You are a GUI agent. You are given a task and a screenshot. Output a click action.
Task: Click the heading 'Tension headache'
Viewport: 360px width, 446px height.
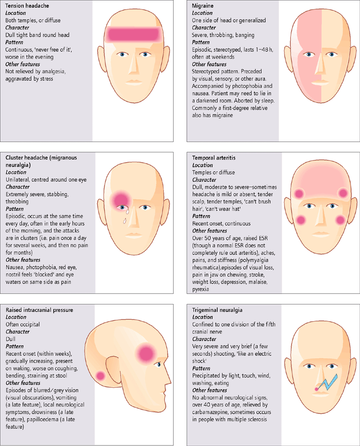(x=27, y=6)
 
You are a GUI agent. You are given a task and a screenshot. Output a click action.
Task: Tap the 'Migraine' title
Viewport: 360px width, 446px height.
(x=202, y=6)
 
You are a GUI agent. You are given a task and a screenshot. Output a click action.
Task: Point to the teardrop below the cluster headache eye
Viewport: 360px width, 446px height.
(x=125, y=220)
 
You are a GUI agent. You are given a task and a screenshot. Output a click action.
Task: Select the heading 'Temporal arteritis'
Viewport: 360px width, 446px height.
(x=214, y=158)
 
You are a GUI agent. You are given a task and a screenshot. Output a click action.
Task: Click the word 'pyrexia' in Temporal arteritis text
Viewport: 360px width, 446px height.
(x=201, y=289)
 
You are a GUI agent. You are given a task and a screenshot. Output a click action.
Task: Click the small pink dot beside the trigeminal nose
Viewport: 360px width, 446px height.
(x=316, y=389)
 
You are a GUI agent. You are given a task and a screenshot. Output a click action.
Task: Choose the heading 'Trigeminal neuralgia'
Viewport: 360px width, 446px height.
(x=217, y=310)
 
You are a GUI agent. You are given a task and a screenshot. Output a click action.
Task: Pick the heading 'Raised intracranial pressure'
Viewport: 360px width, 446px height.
(x=40, y=310)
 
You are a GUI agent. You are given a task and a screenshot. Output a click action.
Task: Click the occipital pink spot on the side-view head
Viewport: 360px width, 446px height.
(x=100, y=376)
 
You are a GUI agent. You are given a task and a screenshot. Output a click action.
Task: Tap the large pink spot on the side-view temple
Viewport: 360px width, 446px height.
(x=146, y=354)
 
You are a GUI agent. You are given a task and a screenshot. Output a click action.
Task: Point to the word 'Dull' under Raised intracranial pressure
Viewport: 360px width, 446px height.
(x=10, y=339)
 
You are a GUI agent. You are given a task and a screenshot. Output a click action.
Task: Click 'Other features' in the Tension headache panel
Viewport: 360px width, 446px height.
(x=23, y=64)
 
